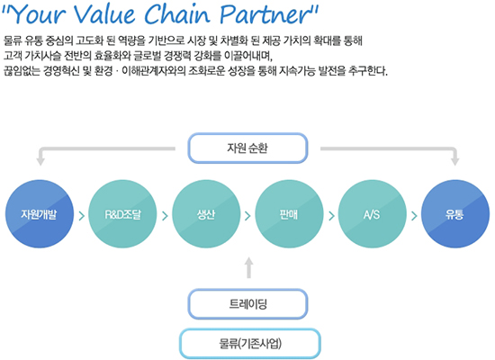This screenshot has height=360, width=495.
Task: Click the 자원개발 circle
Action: (x=40, y=214)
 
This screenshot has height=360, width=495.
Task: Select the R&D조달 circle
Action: (x=122, y=214)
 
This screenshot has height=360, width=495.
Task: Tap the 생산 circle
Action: (x=206, y=214)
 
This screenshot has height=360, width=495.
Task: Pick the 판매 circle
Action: (x=289, y=214)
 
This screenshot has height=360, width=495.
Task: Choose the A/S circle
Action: (x=372, y=214)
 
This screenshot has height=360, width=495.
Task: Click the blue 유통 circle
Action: (x=455, y=214)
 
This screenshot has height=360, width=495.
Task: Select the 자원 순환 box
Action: (x=247, y=148)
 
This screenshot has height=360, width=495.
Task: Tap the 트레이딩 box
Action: (x=247, y=304)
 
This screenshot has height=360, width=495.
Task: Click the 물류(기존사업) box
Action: (x=250, y=343)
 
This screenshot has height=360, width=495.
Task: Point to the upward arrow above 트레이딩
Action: (x=249, y=267)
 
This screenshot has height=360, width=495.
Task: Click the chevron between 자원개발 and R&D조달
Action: (x=81, y=216)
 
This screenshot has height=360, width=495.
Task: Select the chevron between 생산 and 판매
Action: (x=247, y=216)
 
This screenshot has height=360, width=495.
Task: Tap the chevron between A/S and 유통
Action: (x=414, y=216)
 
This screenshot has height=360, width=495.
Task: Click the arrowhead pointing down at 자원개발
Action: (x=40, y=160)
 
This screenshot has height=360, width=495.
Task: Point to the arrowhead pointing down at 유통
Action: (x=454, y=160)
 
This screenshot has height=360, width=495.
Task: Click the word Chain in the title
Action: (x=177, y=14)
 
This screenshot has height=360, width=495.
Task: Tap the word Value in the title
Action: (x=104, y=14)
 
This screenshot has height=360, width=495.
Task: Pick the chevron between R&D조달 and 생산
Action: (x=165, y=216)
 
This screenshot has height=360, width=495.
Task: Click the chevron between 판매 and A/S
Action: (x=331, y=216)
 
